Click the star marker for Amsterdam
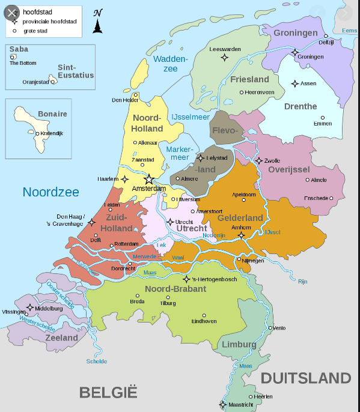(149, 179)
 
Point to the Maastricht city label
(241, 405)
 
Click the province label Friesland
(249, 79)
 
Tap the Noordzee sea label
(51, 192)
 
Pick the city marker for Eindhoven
(204, 315)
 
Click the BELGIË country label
(108, 393)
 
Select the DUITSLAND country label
(305, 378)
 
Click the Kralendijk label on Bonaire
(53, 134)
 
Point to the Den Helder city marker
(136, 94)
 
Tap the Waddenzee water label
(170, 64)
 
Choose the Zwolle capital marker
(259, 160)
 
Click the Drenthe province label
(301, 106)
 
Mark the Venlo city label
(279, 328)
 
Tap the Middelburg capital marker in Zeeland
(29, 307)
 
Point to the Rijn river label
(302, 281)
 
